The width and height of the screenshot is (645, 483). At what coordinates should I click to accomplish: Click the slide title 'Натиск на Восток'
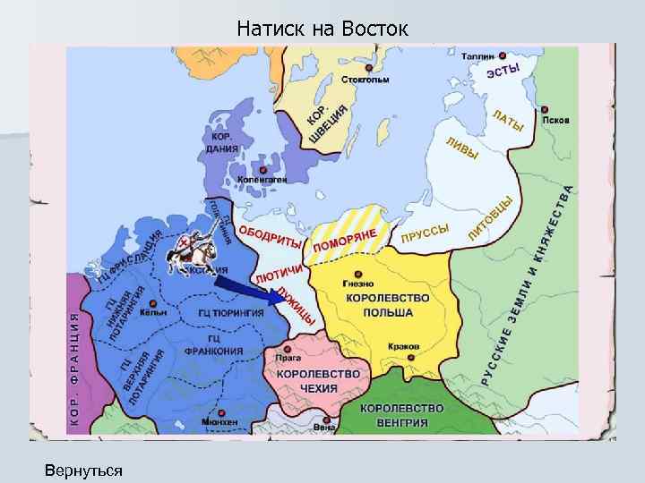[x=322, y=29]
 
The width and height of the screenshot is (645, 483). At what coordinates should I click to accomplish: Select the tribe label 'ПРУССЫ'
[x=425, y=233]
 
